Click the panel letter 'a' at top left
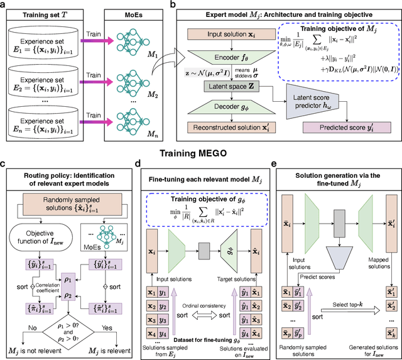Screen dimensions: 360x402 point(4,5)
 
